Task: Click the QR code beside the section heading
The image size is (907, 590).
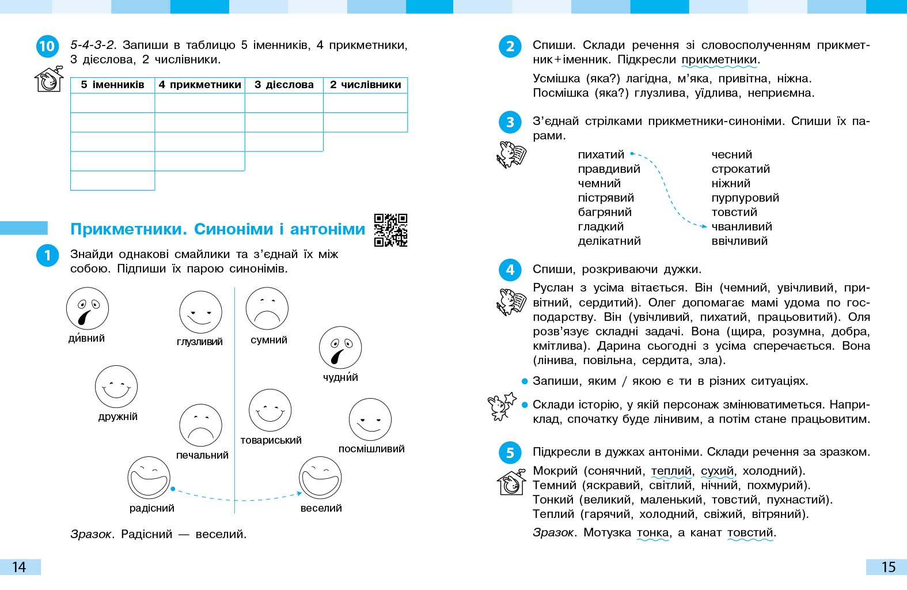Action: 390,230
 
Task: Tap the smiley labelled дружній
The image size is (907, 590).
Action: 116,387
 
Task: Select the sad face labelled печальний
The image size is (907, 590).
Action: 200,425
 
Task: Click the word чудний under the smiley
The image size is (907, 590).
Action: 340,378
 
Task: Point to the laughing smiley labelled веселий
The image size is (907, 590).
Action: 320,478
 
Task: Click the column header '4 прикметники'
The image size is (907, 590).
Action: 200,85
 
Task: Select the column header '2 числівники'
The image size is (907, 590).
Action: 365,85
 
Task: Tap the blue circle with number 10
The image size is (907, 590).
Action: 47,46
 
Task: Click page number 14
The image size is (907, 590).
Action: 19,567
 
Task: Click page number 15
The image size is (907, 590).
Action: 888,567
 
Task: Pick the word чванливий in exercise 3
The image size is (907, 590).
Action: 741,227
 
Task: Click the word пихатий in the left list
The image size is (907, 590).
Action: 601,155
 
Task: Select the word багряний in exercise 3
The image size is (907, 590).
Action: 605,213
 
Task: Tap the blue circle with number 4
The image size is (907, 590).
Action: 510,270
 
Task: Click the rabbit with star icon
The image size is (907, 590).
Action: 501,406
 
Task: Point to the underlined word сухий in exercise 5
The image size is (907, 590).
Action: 717,471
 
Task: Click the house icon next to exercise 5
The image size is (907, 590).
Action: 511,482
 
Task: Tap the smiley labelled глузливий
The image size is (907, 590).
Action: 200,312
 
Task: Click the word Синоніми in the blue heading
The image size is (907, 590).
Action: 233,229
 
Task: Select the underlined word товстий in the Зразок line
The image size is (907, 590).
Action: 750,533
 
